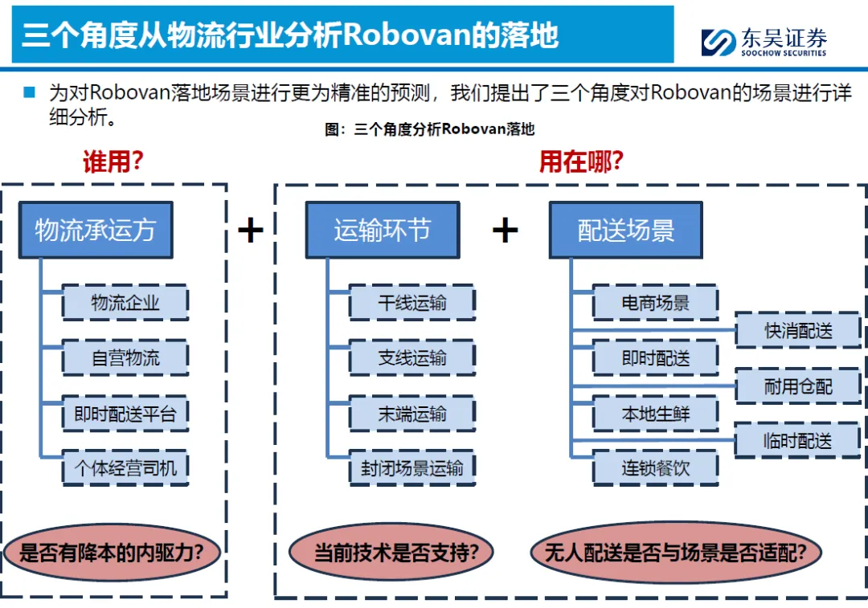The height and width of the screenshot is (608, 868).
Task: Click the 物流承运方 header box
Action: pyautogui.click(x=95, y=231)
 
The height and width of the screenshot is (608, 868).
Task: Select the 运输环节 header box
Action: pyautogui.click(x=382, y=231)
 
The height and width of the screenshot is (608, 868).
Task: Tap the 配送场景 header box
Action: pyautogui.click(x=625, y=231)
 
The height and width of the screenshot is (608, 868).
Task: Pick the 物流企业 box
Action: pyautogui.click(x=125, y=303)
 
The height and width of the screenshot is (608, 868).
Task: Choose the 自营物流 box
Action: pyautogui.click(x=125, y=358)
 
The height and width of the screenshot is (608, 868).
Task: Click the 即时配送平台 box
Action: pyautogui.click(x=125, y=414)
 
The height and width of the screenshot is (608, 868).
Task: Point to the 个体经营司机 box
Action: pyautogui.click(x=125, y=467)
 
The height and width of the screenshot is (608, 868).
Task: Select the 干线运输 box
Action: pyautogui.click(x=411, y=303)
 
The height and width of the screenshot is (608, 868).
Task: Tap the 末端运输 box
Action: pyautogui.click(x=411, y=414)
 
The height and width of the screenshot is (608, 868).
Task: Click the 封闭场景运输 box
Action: pyautogui.click(x=411, y=467)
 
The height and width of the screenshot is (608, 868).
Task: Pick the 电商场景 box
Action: pyautogui.click(x=655, y=303)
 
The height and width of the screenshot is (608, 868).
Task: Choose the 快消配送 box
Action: pyautogui.click(x=797, y=330)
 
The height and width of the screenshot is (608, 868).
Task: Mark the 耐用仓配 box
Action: pyautogui.click(x=797, y=386)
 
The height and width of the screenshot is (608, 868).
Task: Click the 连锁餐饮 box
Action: pyautogui.click(x=655, y=467)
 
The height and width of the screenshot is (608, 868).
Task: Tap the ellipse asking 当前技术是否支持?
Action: pyautogui.click(x=391, y=553)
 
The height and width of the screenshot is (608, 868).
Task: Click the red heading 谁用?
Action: pyautogui.click(x=113, y=162)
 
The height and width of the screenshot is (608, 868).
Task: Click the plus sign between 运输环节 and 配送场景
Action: pyautogui.click(x=505, y=231)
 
